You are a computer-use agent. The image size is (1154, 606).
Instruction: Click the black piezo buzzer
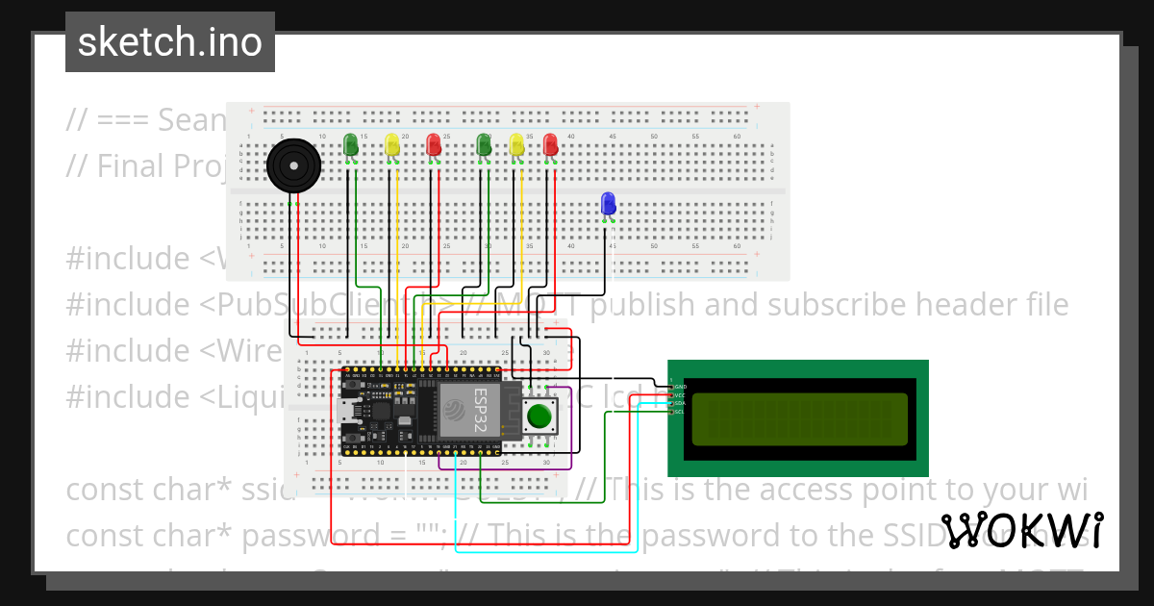[x=292, y=165]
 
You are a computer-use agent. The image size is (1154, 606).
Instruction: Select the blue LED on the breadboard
[x=608, y=203]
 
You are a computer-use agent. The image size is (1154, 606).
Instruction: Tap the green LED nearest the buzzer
[x=351, y=144]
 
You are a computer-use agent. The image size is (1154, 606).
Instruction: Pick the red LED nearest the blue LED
[x=550, y=144]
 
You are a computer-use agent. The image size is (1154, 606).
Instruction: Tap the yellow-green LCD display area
[x=798, y=419]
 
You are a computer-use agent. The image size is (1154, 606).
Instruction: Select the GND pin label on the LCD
[x=680, y=387]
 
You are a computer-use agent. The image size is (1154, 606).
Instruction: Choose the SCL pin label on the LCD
[x=680, y=412]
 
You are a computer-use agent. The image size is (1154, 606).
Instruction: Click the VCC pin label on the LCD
[x=680, y=395]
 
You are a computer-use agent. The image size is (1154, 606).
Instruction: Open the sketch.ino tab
[x=170, y=42]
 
